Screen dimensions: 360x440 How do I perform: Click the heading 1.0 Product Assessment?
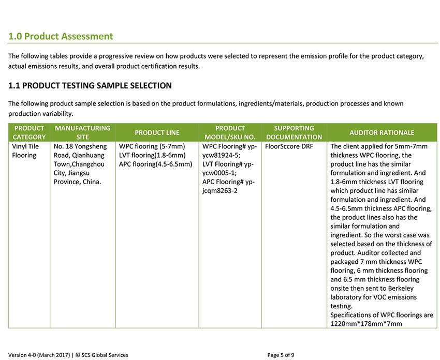point(61,37)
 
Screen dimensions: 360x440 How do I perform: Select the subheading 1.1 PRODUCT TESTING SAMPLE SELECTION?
point(90,85)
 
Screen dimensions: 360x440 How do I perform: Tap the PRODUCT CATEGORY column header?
point(29,132)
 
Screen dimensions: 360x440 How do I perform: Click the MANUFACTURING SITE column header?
point(82,132)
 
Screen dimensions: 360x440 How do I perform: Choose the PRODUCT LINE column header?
point(157,132)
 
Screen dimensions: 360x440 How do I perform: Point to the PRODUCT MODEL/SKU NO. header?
point(230,132)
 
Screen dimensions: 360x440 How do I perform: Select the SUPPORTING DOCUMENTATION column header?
point(294,132)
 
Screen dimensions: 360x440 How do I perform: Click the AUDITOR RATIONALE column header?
point(382,132)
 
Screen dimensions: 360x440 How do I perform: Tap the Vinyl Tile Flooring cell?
point(25,151)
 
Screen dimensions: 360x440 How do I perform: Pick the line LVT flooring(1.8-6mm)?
point(152,155)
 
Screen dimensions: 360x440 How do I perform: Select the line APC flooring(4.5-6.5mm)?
point(155,164)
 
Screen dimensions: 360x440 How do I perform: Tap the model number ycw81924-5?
point(221,155)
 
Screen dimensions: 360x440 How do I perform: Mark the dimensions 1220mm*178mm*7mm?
point(366,324)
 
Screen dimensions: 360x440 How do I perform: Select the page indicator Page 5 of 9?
point(281,355)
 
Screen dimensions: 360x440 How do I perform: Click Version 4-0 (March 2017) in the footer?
point(39,355)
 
